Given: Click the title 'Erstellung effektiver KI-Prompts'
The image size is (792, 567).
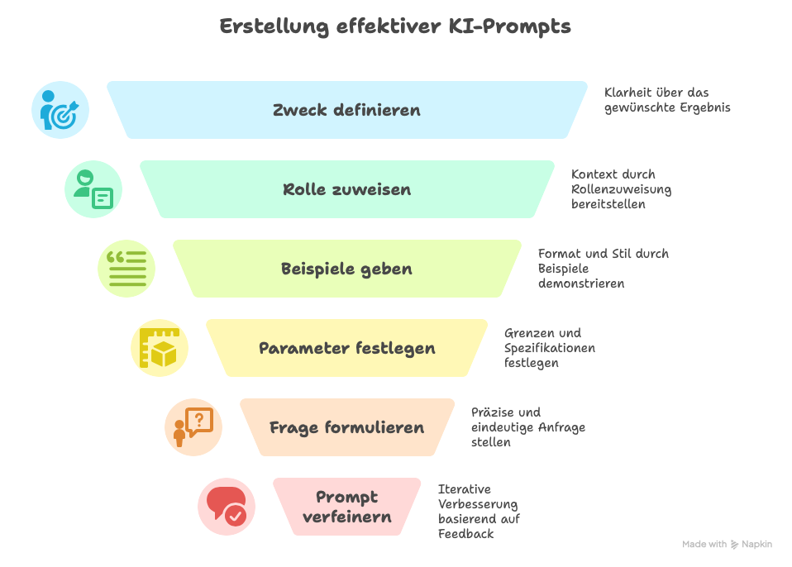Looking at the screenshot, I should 395,26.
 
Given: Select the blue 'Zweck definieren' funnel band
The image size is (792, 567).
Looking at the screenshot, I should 346,110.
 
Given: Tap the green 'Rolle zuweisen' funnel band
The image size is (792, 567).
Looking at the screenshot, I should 346,189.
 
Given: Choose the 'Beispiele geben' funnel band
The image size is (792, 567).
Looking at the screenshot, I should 346,269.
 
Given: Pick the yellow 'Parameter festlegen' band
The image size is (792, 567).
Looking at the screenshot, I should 346,348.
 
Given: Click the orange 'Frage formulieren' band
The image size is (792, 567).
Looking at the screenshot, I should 346,427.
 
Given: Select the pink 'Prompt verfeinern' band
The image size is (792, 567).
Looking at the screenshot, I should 346,507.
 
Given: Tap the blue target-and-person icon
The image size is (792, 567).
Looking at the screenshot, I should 60,110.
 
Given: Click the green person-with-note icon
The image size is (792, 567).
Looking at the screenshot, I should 93,189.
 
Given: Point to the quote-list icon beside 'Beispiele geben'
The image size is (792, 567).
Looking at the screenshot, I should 126,269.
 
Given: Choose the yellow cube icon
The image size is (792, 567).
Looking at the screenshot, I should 160,348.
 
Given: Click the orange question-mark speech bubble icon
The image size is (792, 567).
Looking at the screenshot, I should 193,427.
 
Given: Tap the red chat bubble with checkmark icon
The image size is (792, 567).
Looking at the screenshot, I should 226,507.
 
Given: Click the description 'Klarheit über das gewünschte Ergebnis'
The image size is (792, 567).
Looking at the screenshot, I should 667,100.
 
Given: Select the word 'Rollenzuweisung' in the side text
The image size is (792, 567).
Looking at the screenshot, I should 621,189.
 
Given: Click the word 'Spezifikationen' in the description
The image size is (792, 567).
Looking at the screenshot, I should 549,348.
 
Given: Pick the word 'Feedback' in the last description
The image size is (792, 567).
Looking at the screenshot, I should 465,534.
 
